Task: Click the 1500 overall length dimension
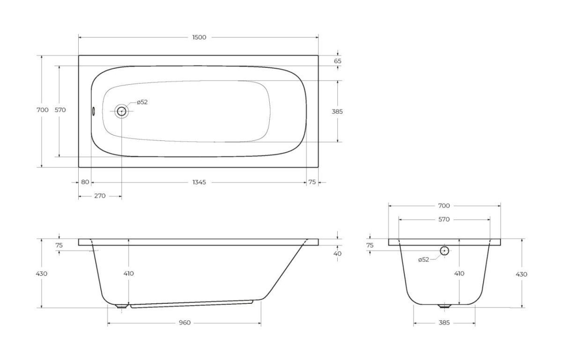[199, 37]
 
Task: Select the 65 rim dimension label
[338, 61]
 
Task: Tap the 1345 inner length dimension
[199, 183]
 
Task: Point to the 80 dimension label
[85, 182]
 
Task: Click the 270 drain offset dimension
[100, 196]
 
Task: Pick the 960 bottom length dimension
[185, 323]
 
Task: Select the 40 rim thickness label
[338, 254]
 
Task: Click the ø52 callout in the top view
[142, 102]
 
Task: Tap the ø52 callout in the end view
[423, 260]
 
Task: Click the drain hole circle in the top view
[122, 111]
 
